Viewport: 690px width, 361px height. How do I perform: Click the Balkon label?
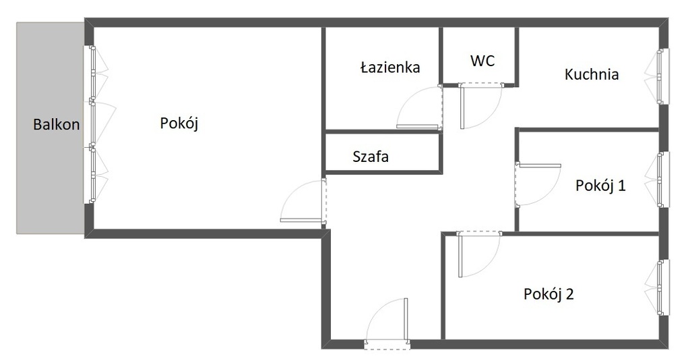[57, 124]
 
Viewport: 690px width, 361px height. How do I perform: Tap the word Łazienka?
[390, 67]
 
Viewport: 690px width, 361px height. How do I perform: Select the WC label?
[482, 61]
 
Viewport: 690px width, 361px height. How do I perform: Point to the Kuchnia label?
[592, 74]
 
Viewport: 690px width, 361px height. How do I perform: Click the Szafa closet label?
[371, 157]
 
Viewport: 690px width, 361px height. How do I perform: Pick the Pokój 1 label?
[600, 185]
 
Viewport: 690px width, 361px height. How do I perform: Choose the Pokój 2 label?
[548, 294]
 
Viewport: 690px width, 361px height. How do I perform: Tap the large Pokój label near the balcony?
[179, 123]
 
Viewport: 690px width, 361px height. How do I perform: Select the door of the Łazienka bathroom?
[419, 107]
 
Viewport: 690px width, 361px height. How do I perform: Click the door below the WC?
[480, 106]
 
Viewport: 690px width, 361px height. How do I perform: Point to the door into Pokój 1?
[538, 184]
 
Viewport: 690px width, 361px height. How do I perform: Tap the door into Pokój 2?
[479, 254]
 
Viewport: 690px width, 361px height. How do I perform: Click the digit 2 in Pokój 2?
[569, 294]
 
